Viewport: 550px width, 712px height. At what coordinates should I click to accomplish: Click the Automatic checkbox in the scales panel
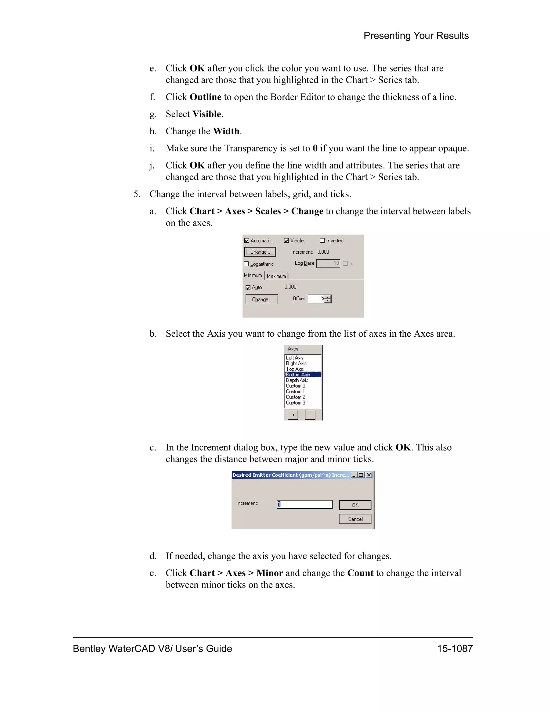pos(247,240)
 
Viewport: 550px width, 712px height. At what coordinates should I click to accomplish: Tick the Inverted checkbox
pos(322,240)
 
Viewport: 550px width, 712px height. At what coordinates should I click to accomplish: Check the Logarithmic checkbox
pos(246,264)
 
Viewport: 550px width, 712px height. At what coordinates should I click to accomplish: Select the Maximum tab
pos(276,276)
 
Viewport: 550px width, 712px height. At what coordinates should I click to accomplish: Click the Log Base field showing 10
pos(328,263)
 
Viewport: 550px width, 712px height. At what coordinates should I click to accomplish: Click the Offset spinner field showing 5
pos(317,299)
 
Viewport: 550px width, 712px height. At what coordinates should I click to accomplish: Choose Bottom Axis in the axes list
pos(298,375)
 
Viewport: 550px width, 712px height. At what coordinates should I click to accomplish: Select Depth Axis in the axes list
pos(297,380)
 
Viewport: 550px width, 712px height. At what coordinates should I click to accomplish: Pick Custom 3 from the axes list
pos(295,403)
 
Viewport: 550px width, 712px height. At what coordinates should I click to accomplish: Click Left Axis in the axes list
pos(295,358)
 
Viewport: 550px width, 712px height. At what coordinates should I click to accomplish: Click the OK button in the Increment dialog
pos(355,505)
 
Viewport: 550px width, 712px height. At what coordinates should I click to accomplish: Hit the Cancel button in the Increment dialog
pos(355,519)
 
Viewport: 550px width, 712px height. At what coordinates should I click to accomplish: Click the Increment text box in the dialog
pos(305,504)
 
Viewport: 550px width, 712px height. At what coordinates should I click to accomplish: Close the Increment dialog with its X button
pos(369,475)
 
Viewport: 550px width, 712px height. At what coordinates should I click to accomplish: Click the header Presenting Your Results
pos(416,35)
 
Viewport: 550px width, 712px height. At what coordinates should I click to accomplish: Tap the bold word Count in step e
pos(360,573)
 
